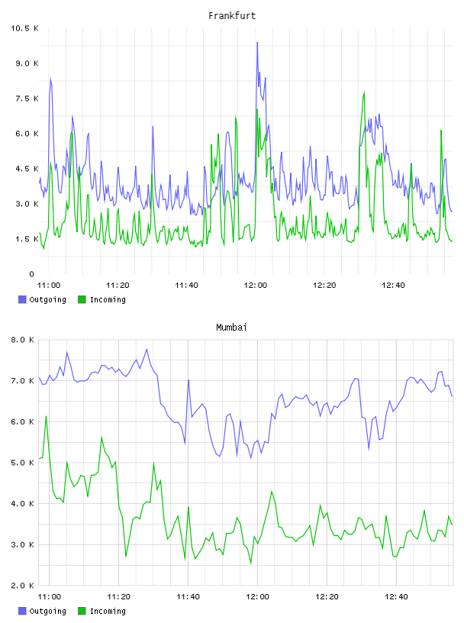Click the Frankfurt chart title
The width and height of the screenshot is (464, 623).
(x=232, y=16)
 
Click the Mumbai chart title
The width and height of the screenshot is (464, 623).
(x=231, y=328)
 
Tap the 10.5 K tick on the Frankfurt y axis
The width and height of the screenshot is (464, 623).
(x=24, y=28)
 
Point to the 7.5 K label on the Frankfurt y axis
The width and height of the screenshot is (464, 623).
(x=27, y=98)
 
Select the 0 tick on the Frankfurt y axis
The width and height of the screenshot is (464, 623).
(x=32, y=274)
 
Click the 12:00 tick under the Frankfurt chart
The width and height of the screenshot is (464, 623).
(x=256, y=286)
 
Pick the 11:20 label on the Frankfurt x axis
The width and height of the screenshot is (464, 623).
(x=118, y=286)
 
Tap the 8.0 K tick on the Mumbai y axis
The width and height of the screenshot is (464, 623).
(x=23, y=340)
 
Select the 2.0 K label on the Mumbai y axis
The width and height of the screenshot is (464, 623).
(x=23, y=586)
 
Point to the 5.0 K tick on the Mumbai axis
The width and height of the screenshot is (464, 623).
(x=23, y=463)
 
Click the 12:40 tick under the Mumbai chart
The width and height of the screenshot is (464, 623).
(x=397, y=597)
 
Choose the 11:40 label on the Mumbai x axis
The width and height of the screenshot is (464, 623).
(x=188, y=597)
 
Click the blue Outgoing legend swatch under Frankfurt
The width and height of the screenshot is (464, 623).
(x=22, y=299)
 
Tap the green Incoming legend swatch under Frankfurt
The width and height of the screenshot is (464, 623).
(x=82, y=299)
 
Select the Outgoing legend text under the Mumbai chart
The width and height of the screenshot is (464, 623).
(x=47, y=611)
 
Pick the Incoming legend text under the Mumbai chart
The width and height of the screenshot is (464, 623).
(x=108, y=611)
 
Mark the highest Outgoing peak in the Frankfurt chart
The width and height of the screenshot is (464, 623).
(x=257, y=43)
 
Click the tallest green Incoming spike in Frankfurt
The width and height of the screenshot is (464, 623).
(x=364, y=92)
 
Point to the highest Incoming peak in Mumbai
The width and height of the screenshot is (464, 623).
(x=46, y=416)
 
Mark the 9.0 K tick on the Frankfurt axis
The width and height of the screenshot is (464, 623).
(x=27, y=63)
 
